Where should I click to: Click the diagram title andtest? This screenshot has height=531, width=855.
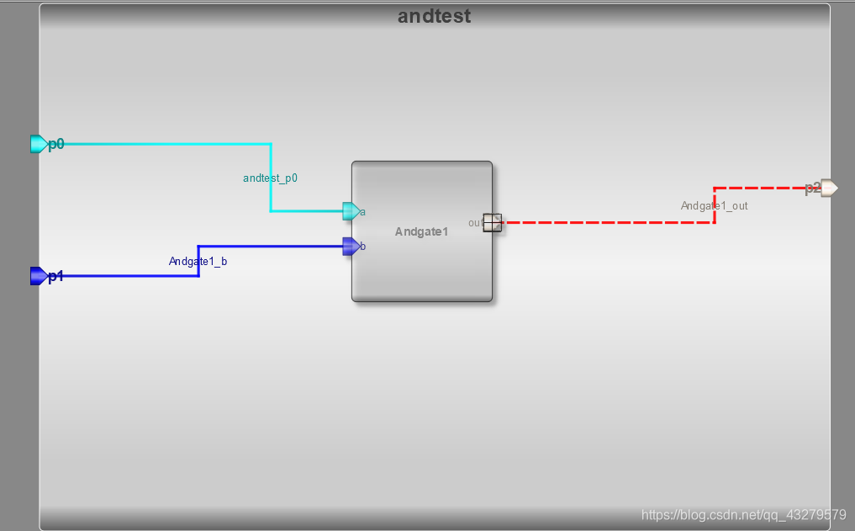434,16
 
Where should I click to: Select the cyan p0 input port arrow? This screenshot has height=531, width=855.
38,144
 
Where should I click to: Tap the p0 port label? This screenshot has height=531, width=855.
56,145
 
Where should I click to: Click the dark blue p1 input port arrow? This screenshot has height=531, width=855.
38,276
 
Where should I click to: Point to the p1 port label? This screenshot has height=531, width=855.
56,277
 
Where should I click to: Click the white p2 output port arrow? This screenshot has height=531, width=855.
829,188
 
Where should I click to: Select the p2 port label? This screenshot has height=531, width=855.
811,189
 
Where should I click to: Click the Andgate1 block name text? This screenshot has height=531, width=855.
422,231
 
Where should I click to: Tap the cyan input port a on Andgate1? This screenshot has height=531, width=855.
351,211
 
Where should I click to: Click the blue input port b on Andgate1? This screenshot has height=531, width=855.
351,247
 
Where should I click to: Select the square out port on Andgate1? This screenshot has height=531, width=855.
493,222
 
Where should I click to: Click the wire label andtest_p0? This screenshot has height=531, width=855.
271,178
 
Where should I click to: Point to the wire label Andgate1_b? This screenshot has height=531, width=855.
198,262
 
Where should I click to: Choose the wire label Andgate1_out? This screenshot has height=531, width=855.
715,205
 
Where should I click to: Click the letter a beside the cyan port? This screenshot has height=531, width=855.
362,212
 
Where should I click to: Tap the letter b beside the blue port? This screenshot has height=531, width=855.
362,247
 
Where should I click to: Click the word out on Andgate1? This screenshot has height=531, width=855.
475,223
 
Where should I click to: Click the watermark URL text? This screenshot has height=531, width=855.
743,514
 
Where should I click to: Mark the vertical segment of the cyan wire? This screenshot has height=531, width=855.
271,178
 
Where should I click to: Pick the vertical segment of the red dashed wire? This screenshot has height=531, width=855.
715,205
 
